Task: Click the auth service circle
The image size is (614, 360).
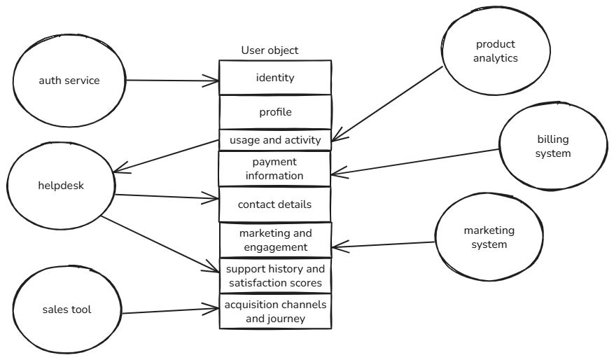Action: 69,80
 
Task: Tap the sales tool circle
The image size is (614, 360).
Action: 66,309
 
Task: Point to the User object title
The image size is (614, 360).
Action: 270,50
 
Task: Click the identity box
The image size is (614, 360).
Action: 275,78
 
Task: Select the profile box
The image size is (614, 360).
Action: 275,112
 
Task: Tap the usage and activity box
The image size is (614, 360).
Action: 275,140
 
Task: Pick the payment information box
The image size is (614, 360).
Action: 275,169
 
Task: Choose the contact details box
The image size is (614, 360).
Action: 275,205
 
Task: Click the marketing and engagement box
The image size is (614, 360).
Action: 275,240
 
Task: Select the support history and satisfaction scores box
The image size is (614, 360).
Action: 275,275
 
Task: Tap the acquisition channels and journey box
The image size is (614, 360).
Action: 275,312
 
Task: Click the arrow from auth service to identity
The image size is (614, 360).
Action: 172,81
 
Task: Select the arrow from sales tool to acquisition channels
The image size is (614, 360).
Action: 172,310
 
